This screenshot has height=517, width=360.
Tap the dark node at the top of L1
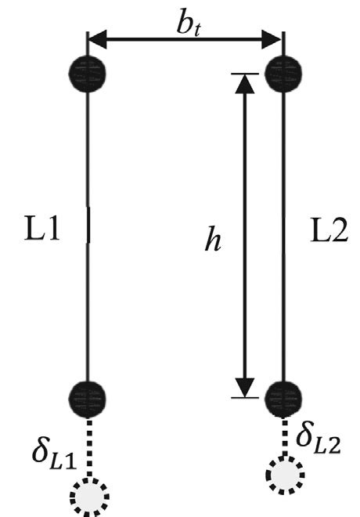(x=87, y=73)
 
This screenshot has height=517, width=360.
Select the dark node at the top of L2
(x=283, y=74)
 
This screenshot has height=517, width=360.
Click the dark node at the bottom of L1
(x=87, y=397)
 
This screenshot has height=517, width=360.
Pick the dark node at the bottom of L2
(x=283, y=398)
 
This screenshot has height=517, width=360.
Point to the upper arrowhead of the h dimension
(x=246, y=85)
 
